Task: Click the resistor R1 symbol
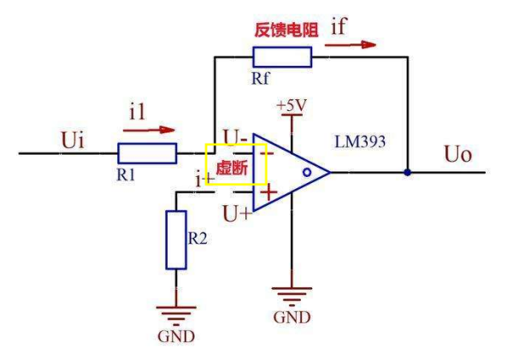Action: pyautogui.click(x=147, y=154)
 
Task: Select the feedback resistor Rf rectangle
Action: pyautogui.click(x=282, y=57)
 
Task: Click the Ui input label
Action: pyautogui.click(x=73, y=139)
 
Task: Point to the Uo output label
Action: pyautogui.click(x=458, y=156)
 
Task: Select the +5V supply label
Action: pyautogui.click(x=292, y=105)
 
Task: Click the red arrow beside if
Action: pyautogui.click(x=357, y=44)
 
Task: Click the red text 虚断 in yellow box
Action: pyautogui.click(x=231, y=168)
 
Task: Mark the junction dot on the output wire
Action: pyautogui.click(x=408, y=172)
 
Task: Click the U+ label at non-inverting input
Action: pyautogui.click(x=236, y=212)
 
